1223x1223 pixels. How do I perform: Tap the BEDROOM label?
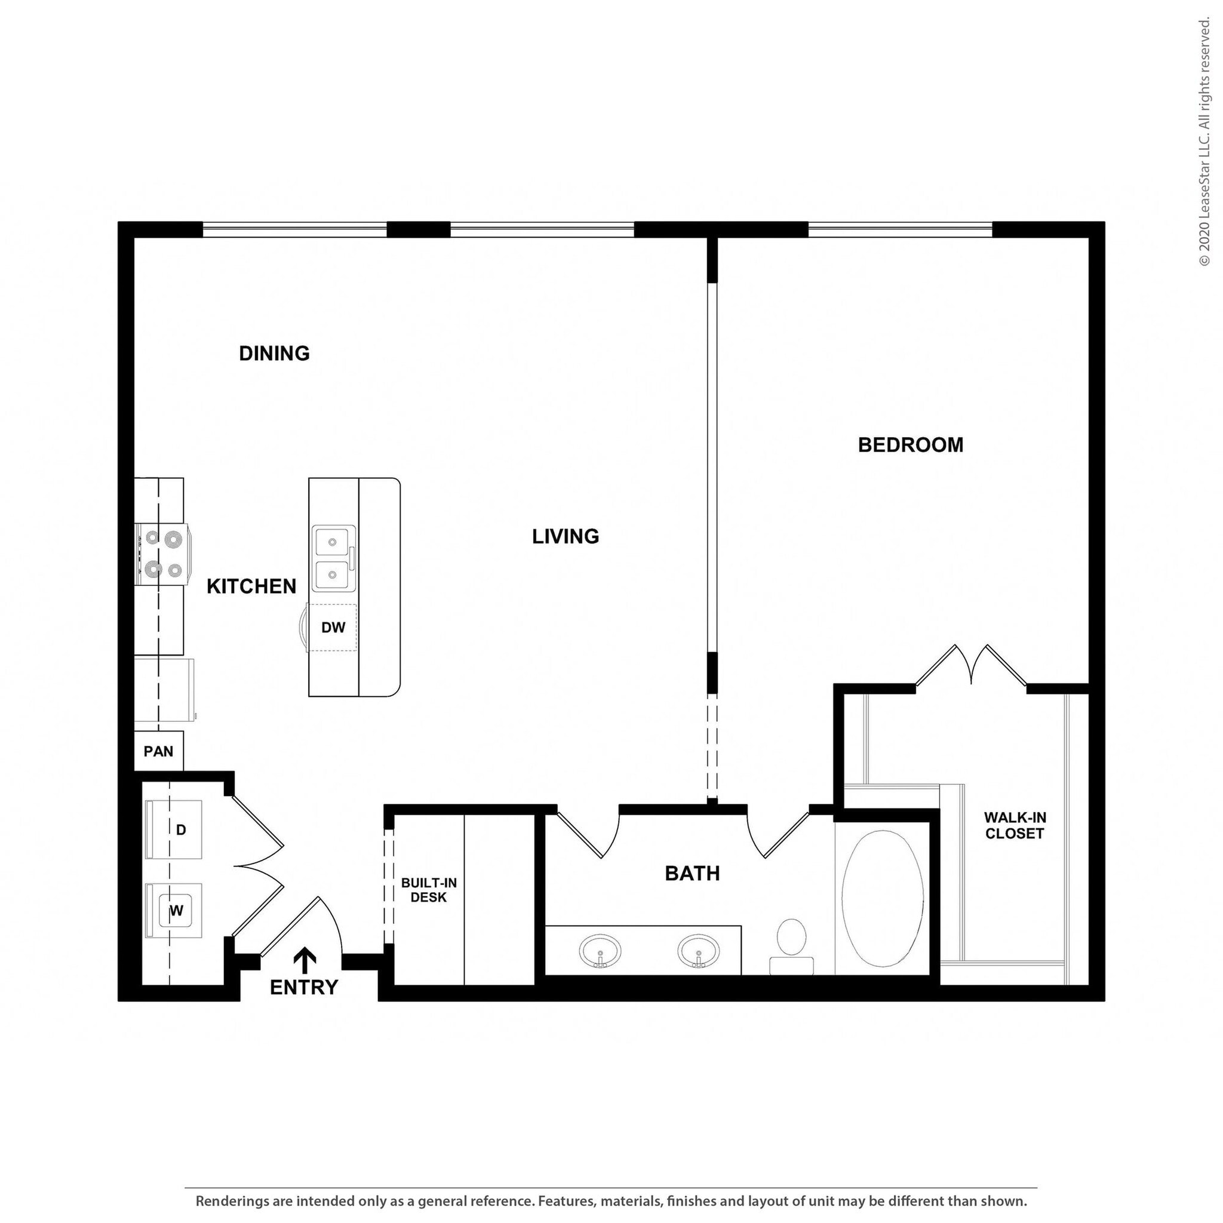point(910,445)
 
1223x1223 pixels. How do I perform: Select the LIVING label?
point(566,537)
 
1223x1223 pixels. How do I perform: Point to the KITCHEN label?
point(251,587)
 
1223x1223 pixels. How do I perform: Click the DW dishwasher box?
point(333,628)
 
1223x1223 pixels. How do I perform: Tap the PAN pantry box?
point(158,751)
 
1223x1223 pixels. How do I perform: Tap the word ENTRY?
point(304,988)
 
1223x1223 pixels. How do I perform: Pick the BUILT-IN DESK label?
point(429,890)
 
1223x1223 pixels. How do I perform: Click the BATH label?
point(692,874)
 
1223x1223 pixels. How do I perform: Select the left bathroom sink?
point(600,951)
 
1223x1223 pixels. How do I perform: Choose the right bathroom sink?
point(698,951)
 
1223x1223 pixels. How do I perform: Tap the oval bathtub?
point(883,899)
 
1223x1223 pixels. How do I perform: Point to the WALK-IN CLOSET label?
point(1015,825)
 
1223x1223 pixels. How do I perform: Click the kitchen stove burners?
point(162,555)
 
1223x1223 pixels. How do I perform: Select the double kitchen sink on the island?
point(333,558)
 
